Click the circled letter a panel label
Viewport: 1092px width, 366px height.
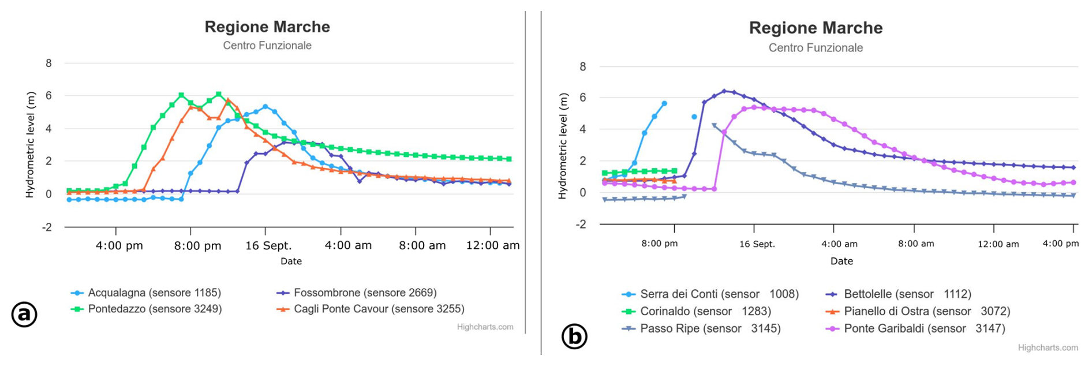[24, 314]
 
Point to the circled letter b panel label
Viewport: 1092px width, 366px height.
[574, 336]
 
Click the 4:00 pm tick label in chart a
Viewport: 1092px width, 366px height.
[119, 245]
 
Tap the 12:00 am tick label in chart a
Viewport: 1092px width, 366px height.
[492, 245]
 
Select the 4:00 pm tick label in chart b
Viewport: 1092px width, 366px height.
[1060, 244]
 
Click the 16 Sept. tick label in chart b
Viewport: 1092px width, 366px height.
[757, 244]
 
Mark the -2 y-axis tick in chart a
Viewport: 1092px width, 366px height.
[46, 227]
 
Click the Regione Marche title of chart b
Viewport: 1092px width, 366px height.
[816, 28]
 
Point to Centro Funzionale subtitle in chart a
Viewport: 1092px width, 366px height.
[267, 46]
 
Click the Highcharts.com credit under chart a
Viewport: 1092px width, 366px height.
[485, 327]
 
